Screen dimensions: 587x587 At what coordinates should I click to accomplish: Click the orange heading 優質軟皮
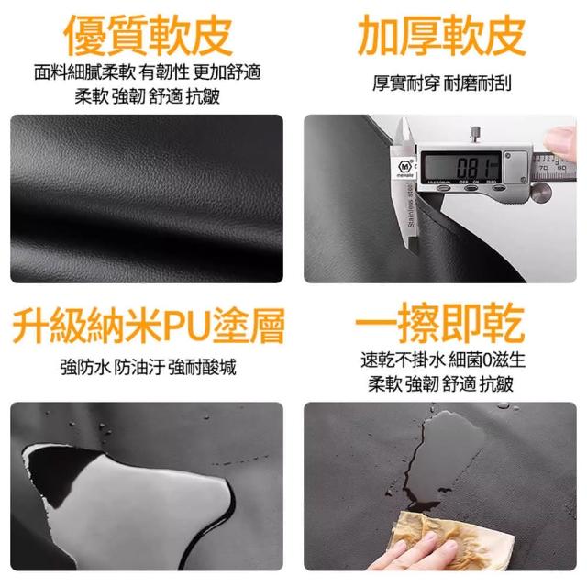pyautogui.click(x=149, y=35)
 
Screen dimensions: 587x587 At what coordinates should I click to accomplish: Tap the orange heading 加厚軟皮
pyautogui.click(x=442, y=35)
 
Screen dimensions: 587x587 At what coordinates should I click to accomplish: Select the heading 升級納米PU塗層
pyautogui.click(x=149, y=326)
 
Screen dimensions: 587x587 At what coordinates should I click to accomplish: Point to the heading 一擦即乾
pyautogui.click(x=439, y=323)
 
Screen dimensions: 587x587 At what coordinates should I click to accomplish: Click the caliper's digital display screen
pyautogui.click(x=460, y=167)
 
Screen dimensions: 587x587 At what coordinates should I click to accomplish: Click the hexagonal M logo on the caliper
pyautogui.click(x=404, y=166)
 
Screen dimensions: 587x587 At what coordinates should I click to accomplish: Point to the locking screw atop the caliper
pyautogui.click(x=475, y=135)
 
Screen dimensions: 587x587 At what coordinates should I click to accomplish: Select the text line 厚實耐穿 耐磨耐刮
pyautogui.click(x=442, y=83)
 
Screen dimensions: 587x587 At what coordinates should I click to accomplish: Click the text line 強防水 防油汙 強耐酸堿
pyautogui.click(x=149, y=367)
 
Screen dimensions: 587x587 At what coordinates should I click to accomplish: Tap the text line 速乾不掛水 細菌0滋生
pyautogui.click(x=443, y=360)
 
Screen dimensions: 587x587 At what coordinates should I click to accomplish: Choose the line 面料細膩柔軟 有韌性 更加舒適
pyautogui.click(x=148, y=72)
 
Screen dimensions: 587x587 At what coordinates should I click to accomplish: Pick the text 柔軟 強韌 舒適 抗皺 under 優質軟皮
pyautogui.click(x=148, y=96)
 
